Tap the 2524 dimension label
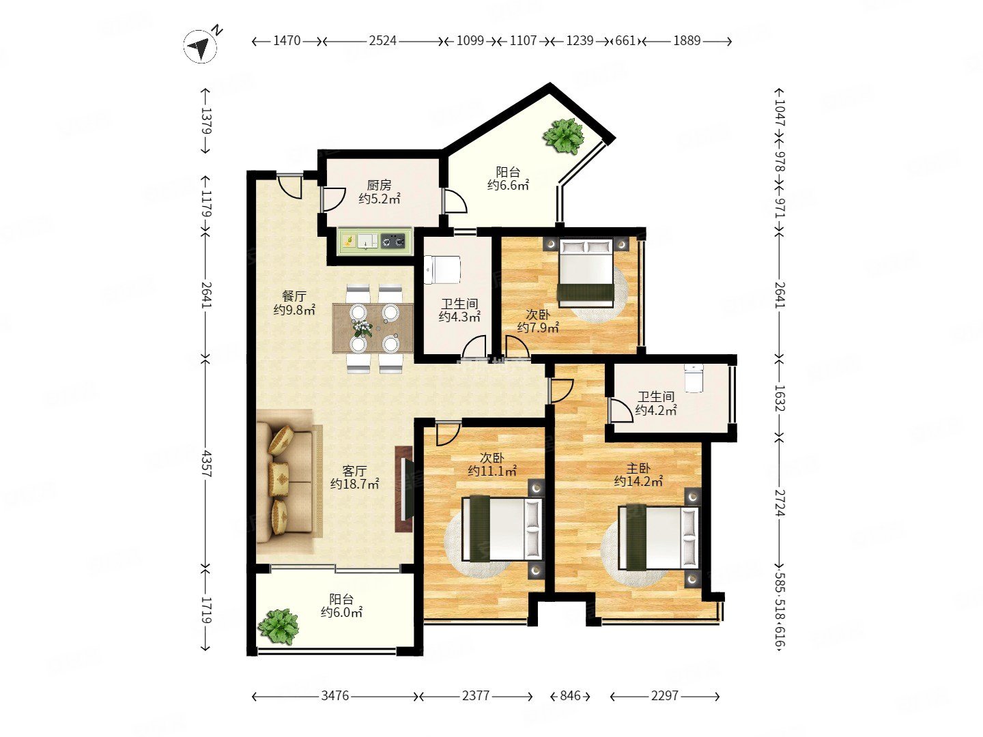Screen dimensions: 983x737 pos(382,41)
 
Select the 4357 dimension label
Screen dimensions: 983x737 pos(206,463)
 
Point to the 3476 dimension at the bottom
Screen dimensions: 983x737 pos(334,695)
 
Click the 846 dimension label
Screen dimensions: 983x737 pos(570,695)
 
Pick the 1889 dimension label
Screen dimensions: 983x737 pos(687,41)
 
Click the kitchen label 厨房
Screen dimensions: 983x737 pos(379,185)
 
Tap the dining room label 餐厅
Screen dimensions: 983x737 pos(294,295)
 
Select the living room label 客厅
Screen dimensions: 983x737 pos(354,470)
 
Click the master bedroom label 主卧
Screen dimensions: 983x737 pos(638,468)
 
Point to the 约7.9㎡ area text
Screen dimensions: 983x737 pos(538,328)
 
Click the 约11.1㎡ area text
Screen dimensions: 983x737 pos(492,470)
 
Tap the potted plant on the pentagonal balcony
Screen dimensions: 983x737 pos(563,136)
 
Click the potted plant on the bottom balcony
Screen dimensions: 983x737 pos(279,626)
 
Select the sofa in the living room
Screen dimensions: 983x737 pos(289,480)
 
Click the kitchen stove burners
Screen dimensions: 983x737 pos(395,242)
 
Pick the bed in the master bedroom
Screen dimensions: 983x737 pos(658,537)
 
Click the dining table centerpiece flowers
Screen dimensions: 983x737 pos(362,328)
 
